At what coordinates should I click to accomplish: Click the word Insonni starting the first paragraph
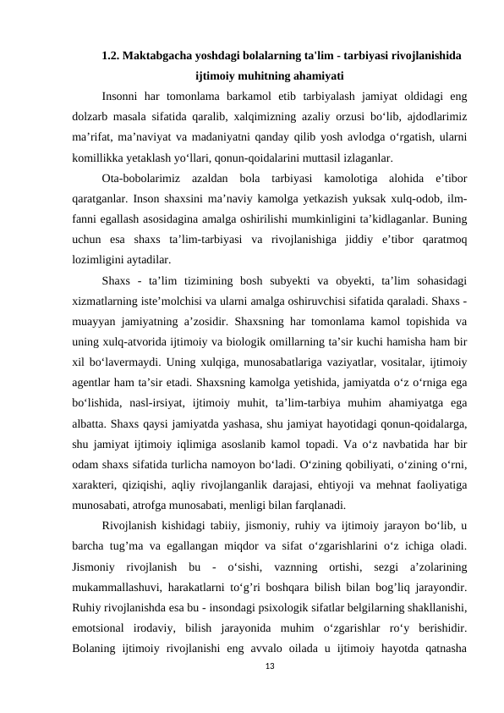point(122,96)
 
